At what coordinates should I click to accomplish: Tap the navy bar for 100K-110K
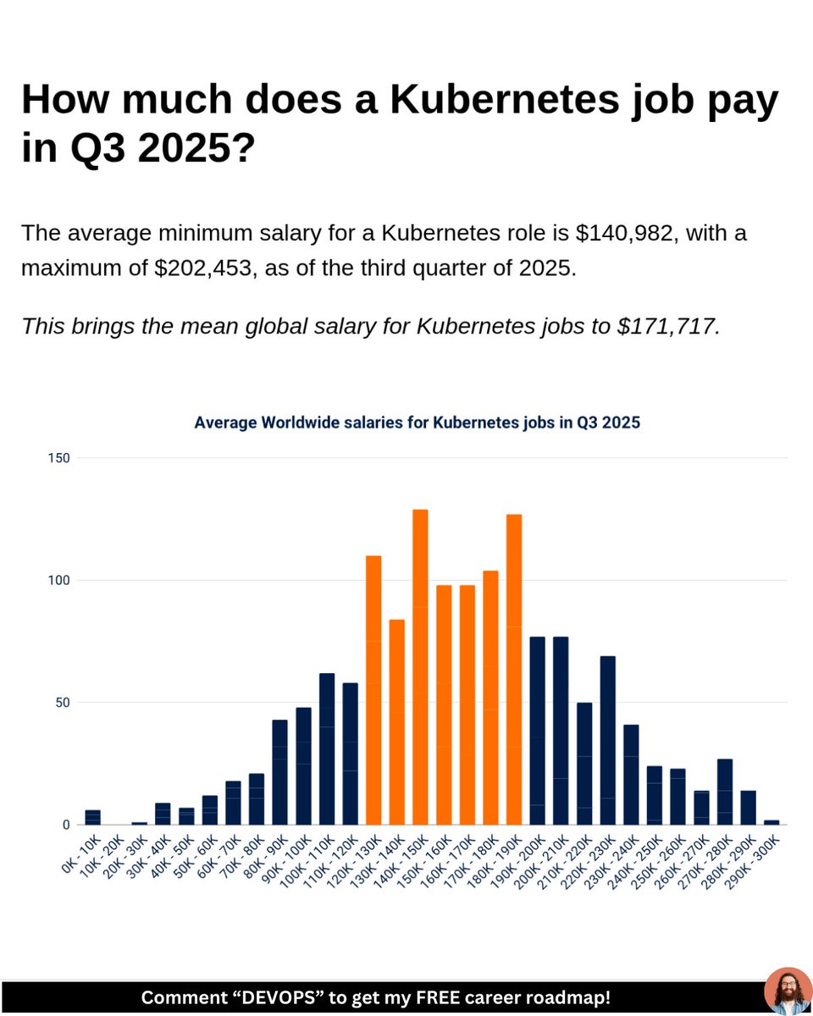pyautogui.click(x=327, y=748)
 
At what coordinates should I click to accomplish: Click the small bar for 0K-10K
pyautogui.click(x=92, y=817)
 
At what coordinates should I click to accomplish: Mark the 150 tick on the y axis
pyautogui.click(x=60, y=458)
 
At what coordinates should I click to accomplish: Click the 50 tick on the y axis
pyautogui.click(x=64, y=703)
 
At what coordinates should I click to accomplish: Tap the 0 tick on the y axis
pyautogui.click(x=66, y=825)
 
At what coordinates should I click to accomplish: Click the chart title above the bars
pyautogui.click(x=417, y=422)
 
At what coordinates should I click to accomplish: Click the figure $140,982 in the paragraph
pyautogui.click(x=625, y=233)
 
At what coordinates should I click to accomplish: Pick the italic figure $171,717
pyautogui.click(x=668, y=326)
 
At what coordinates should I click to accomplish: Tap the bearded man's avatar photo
pyautogui.click(x=788, y=991)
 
